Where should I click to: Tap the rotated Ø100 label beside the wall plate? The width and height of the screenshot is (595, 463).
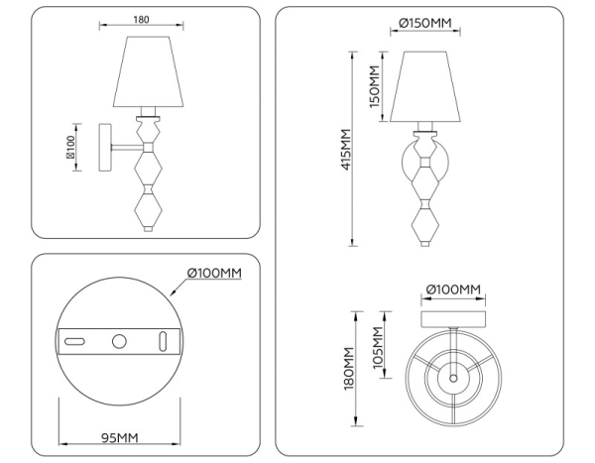(x=71, y=147)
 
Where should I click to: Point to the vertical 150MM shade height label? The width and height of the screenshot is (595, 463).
(x=374, y=85)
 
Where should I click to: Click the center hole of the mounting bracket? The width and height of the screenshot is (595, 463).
(x=120, y=342)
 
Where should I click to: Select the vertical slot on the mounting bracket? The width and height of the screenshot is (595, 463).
(x=164, y=342)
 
